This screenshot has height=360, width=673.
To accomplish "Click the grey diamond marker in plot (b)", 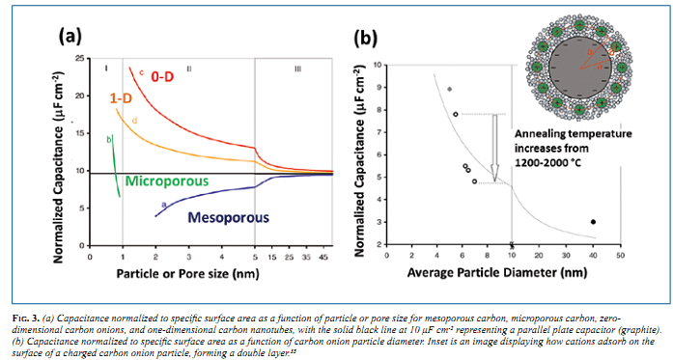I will pyautogui.click(x=449, y=89).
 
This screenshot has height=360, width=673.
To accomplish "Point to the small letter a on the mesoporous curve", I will pyautogui.click(x=164, y=204).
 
